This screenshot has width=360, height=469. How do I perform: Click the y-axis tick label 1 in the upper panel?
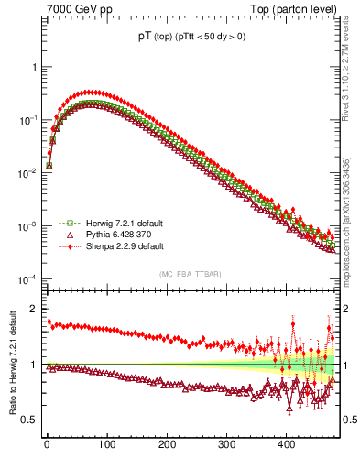(x=33, y=68)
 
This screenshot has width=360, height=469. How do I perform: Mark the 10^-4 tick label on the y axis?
(x=27, y=278)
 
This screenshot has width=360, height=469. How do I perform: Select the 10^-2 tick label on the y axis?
(x=27, y=173)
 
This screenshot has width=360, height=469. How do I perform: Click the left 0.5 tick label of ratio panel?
(x=28, y=420)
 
